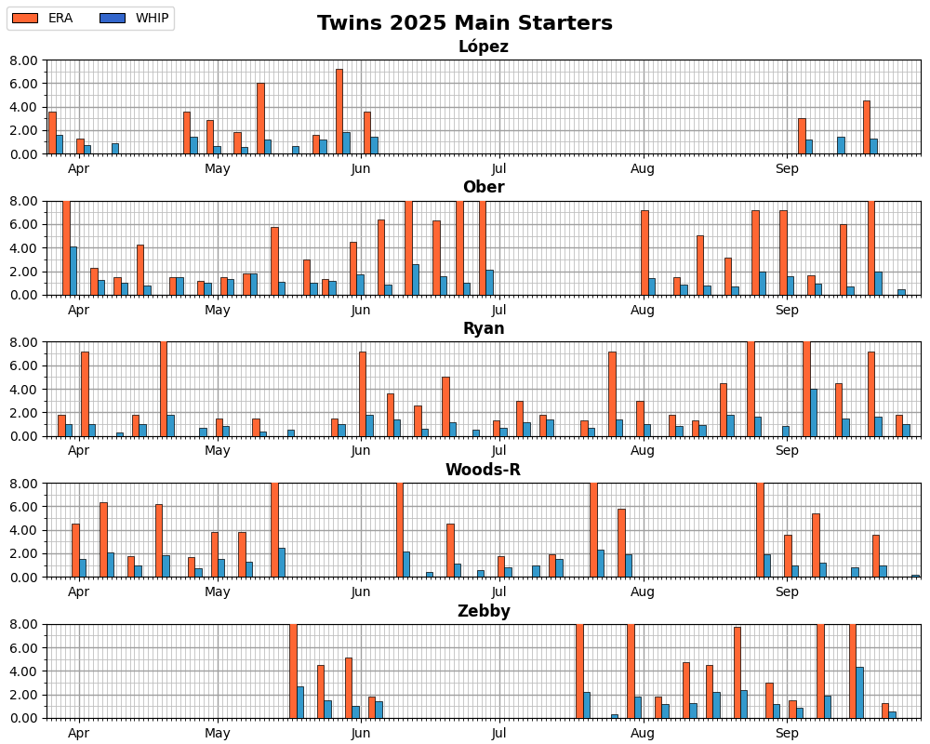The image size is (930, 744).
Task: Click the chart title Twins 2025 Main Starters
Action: [465, 23]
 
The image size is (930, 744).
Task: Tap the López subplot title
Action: [484, 46]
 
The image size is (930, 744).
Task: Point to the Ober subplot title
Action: [484, 188]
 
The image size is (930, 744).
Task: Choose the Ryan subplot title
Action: [484, 329]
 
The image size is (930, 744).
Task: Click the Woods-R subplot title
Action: [484, 471]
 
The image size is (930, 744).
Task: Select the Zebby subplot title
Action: [484, 612]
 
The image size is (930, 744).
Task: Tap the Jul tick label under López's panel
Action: [499, 168]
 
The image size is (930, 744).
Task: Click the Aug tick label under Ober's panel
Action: [643, 310]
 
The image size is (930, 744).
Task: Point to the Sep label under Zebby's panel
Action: [788, 734]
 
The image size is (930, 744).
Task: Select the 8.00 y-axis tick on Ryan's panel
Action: [25, 342]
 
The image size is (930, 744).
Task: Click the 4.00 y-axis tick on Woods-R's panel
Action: [25, 530]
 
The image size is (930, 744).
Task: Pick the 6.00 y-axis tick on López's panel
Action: [25, 84]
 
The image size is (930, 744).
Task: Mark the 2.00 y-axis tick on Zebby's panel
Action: [25, 695]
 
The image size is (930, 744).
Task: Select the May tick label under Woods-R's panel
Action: [218, 592]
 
